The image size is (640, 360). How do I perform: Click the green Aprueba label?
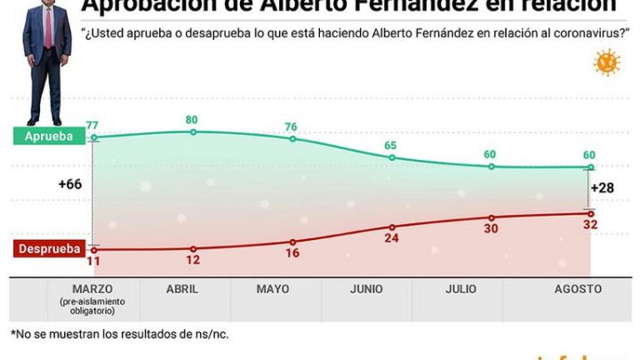(48, 136)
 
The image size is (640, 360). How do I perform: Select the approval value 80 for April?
(192, 119)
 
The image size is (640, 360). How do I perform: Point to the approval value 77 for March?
(92, 124)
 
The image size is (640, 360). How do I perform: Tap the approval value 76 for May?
(292, 125)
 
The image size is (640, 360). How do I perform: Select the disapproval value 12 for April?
(192, 262)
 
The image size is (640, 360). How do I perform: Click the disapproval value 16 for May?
(292, 254)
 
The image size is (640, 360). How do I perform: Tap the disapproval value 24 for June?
(391, 239)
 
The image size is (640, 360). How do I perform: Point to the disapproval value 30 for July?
(490, 229)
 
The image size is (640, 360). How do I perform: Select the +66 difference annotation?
(70, 184)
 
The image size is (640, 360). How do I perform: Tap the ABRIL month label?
(181, 289)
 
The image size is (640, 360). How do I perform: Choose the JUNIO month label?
(366, 289)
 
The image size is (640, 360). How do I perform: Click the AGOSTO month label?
(577, 289)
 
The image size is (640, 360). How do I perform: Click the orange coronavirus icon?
(608, 63)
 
